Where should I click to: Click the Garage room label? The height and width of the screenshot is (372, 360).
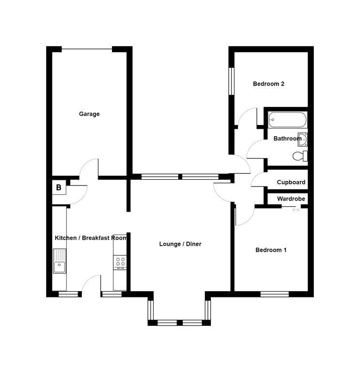[89, 114]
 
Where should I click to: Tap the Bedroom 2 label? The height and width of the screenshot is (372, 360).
[268, 84]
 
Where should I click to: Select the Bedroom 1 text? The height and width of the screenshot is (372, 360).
[271, 250]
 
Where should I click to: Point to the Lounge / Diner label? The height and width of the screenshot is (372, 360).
[180, 244]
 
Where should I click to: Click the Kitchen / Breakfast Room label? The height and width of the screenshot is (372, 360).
[91, 238]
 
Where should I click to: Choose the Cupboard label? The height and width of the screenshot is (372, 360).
[291, 183]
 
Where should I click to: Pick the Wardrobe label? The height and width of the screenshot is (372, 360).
[291, 199]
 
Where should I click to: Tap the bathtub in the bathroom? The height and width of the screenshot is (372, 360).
[287, 119]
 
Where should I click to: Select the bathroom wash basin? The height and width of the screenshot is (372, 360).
[303, 139]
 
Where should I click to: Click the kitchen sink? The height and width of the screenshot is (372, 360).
[60, 261]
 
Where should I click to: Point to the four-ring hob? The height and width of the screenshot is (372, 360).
[120, 263]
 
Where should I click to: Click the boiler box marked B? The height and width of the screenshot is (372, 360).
[59, 187]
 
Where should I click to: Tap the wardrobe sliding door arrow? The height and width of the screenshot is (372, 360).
[296, 209]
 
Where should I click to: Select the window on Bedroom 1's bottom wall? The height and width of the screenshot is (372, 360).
[275, 294]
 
